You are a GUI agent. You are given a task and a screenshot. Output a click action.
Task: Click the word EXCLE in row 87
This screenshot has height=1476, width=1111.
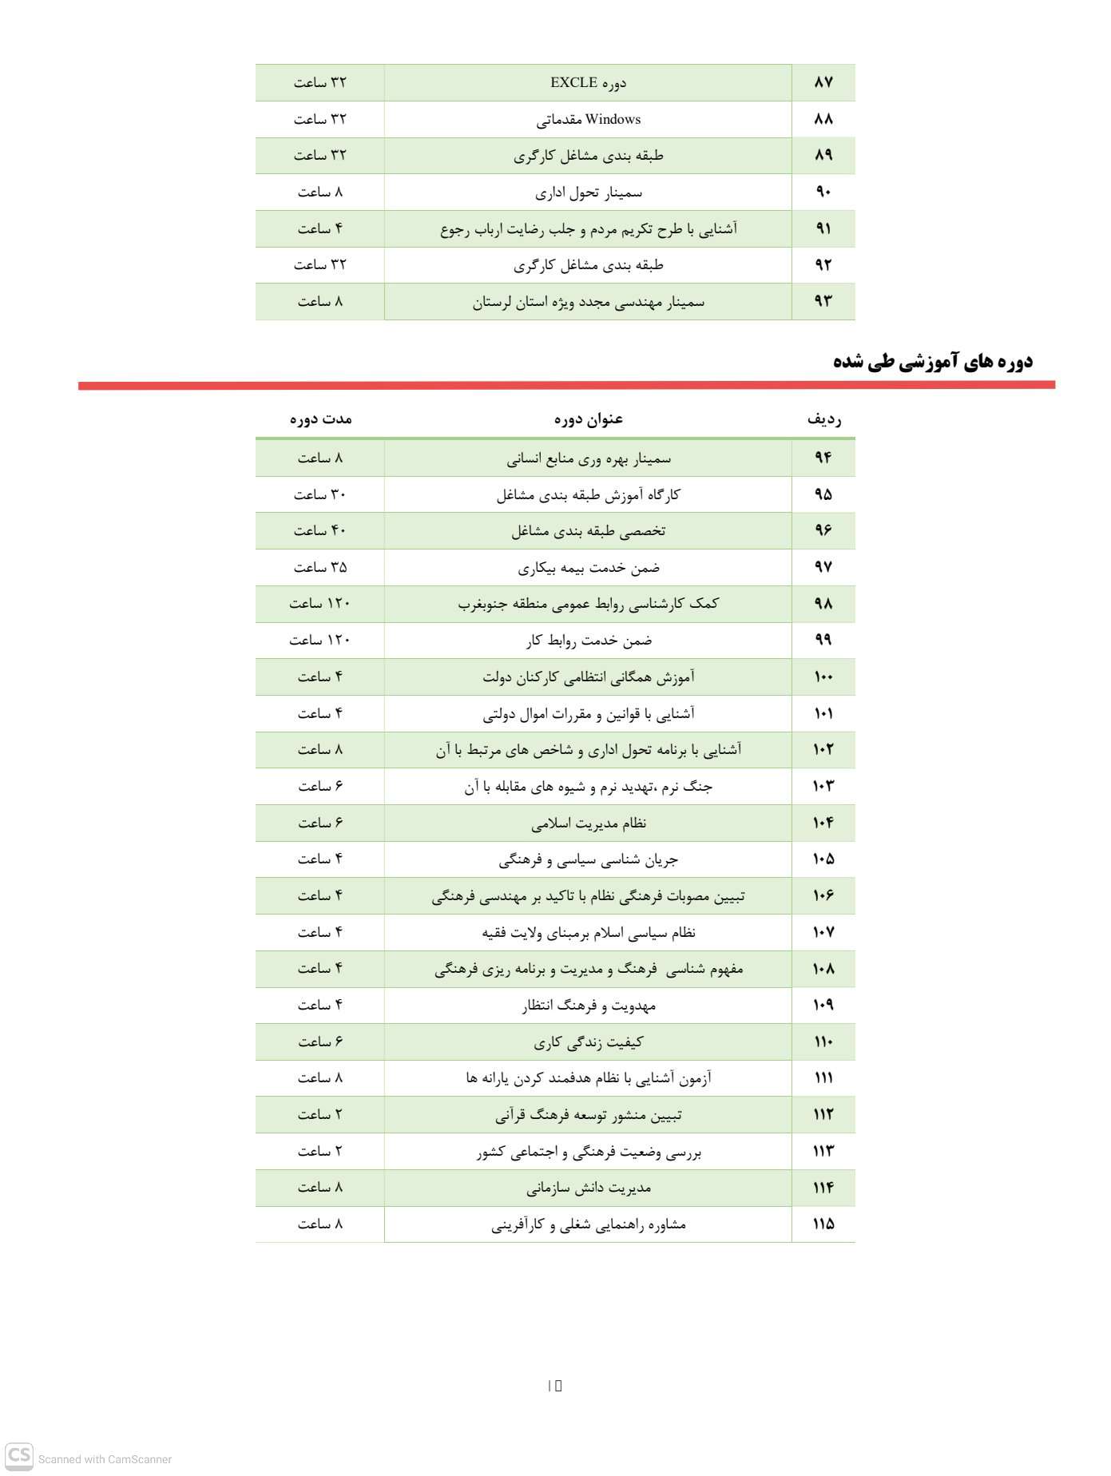pyautogui.click(x=573, y=82)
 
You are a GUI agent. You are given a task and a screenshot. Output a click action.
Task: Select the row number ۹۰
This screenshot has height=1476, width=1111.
pyautogui.click(x=823, y=192)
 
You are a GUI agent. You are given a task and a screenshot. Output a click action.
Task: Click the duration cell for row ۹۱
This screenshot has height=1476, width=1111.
pyautogui.click(x=320, y=229)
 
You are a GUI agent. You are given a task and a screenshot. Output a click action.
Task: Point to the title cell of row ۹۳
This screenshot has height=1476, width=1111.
pyautogui.click(x=589, y=302)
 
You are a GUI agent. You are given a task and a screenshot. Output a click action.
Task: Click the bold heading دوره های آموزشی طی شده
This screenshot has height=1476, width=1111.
pyautogui.click(x=932, y=361)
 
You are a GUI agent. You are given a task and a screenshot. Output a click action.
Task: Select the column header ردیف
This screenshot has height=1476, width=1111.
pyautogui.click(x=823, y=419)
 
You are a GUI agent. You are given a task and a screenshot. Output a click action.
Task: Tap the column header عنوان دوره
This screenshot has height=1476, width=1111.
pyautogui.click(x=589, y=419)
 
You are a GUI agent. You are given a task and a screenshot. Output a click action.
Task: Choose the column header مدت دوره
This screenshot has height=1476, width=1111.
pyautogui.click(x=320, y=419)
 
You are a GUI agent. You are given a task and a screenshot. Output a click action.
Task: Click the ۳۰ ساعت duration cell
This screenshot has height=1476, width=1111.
pyautogui.click(x=320, y=494)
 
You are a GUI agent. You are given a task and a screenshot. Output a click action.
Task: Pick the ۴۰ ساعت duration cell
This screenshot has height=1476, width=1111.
pyautogui.click(x=320, y=530)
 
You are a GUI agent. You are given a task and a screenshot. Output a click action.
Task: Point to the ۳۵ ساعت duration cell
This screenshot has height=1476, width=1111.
pyautogui.click(x=320, y=567)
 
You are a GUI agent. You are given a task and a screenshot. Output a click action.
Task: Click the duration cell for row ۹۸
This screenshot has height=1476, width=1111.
pyautogui.click(x=320, y=603)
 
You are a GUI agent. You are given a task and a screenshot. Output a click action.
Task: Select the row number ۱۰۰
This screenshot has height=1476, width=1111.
pyautogui.click(x=823, y=676)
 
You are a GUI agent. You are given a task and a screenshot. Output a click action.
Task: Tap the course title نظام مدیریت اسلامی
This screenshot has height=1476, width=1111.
pyautogui.click(x=589, y=823)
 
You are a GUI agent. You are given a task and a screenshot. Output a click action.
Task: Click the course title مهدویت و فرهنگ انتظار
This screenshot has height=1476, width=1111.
pyautogui.click(x=589, y=1005)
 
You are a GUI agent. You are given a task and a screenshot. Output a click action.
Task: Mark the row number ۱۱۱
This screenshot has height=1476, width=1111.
pyautogui.click(x=823, y=1077)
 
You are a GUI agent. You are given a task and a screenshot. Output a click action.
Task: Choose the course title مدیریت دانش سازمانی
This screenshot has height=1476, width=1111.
pyautogui.click(x=589, y=1188)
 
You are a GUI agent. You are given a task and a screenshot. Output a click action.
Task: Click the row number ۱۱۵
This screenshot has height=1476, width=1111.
pyautogui.click(x=823, y=1224)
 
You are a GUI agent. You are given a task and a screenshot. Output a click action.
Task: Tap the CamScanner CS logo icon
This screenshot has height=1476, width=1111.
pyautogui.click(x=20, y=1454)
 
